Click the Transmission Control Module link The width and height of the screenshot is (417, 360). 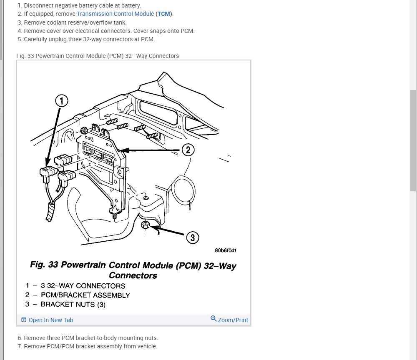point(115,14)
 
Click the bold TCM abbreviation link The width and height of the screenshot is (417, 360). point(164,14)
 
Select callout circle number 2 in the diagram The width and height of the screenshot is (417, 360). point(188,150)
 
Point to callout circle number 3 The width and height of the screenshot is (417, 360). point(192,238)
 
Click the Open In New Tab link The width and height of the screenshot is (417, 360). point(50,320)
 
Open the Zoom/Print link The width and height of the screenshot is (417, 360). point(233,320)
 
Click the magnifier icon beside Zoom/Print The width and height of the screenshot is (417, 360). point(214,319)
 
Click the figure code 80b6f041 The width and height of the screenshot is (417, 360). point(226,250)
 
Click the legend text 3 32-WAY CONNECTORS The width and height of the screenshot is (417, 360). point(83,286)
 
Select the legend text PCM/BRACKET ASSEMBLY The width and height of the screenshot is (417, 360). point(85,295)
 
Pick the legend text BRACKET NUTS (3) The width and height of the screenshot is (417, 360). point(73,304)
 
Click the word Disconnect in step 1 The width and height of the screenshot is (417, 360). point(38,6)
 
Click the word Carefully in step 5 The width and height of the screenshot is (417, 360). point(38,39)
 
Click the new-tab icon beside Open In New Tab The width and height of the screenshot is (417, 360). point(24,320)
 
